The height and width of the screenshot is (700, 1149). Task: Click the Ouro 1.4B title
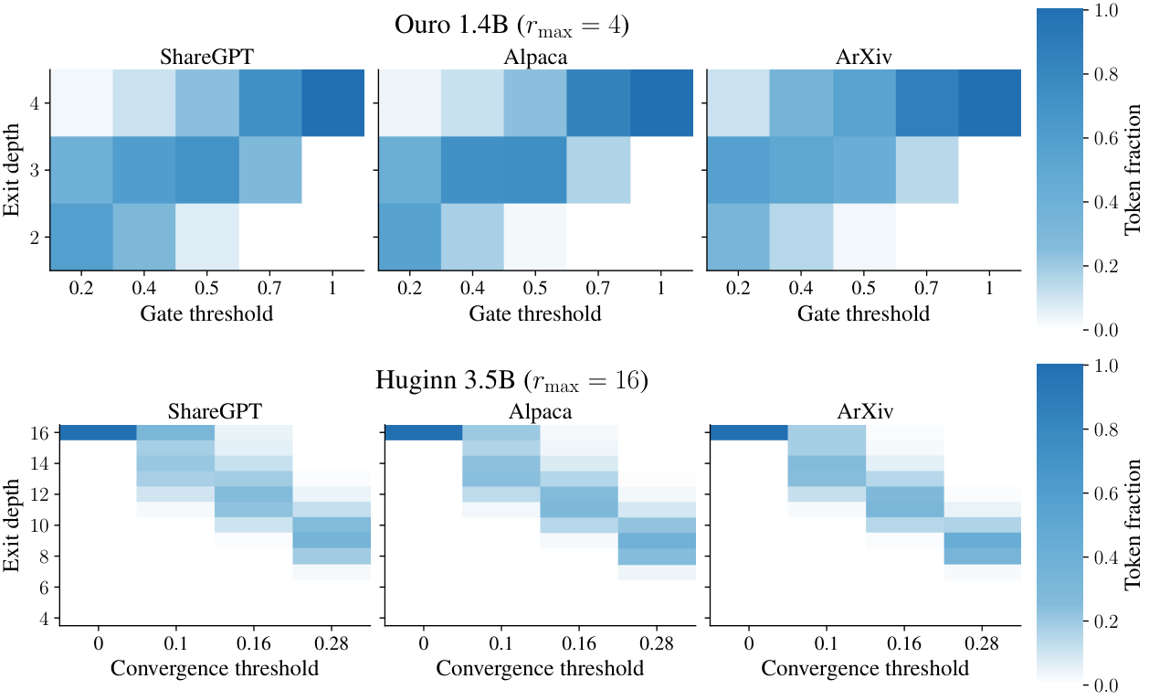point(511,26)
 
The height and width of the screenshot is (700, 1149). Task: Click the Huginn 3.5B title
point(511,381)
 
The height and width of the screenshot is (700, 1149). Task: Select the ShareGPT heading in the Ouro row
point(206,57)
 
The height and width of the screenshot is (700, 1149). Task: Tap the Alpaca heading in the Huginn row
point(540,411)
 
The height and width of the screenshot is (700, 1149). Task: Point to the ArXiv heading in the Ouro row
point(864,57)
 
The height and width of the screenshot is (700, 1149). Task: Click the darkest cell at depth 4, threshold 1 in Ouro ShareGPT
point(332,102)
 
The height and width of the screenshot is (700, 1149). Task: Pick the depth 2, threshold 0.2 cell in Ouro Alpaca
point(410,237)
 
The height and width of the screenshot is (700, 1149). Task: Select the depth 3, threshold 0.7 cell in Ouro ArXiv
point(927,170)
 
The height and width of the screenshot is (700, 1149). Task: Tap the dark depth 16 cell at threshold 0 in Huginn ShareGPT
point(98,432)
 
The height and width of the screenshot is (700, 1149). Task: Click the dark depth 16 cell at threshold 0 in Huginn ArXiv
point(749,432)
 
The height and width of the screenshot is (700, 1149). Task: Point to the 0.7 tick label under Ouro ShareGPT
point(269,288)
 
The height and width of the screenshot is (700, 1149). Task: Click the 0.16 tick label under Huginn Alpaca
point(578,643)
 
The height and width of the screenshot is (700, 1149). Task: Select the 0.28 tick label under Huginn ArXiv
point(982,643)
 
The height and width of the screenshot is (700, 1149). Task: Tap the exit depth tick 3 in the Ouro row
point(35,170)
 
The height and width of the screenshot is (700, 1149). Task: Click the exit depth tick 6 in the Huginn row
point(44,587)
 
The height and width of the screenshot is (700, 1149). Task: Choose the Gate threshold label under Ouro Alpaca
point(535,313)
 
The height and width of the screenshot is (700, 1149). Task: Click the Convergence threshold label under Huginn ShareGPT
point(215,669)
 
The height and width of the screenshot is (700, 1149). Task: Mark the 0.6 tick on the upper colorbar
point(1106,138)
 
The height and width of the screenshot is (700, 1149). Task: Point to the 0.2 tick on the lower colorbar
point(1106,622)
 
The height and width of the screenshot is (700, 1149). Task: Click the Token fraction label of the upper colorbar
point(1133,170)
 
